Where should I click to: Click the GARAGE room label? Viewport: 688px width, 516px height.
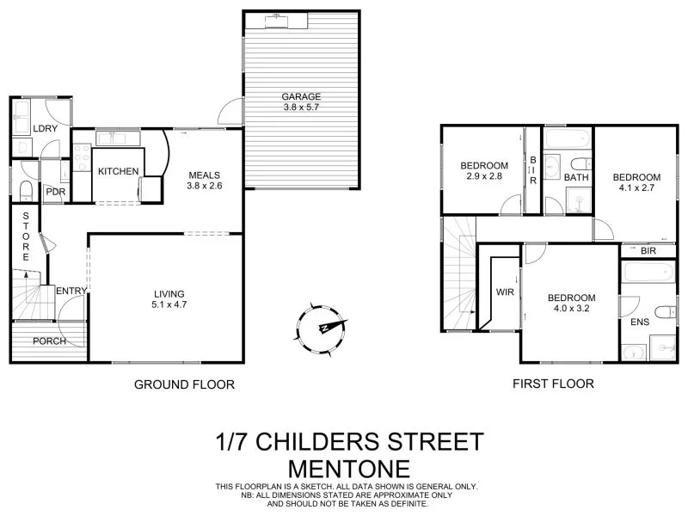click(x=300, y=96)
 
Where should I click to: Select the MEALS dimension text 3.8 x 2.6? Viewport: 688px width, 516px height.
click(x=206, y=184)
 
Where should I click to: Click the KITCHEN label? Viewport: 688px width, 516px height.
click(x=118, y=171)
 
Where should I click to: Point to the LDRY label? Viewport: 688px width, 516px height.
click(x=45, y=129)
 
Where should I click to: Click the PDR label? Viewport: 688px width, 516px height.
click(x=56, y=192)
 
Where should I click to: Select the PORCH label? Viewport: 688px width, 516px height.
click(x=49, y=341)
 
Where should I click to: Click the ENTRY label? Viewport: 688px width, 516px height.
click(x=71, y=292)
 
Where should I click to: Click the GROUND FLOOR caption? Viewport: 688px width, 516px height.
click(x=184, y=384)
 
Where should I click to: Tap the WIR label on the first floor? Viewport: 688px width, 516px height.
click(x=505, y=292)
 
